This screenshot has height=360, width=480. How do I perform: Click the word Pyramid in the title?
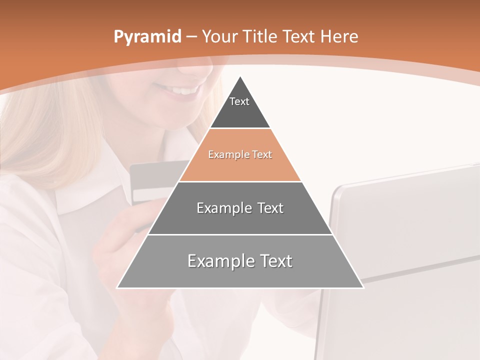(x=147, y=37)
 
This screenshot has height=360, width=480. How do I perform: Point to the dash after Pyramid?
(x=191, y=37)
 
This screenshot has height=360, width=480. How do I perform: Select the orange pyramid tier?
(x=240, y=167)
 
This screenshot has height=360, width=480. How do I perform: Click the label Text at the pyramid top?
(x=239, y=101)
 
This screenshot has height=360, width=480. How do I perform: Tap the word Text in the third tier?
(x=270, y=208)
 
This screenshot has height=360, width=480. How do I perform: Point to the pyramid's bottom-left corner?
(x=117, y=287)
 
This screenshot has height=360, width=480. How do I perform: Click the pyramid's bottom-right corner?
(x=363, y=287)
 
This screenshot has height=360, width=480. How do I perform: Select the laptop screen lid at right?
(x=405, y=220)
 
